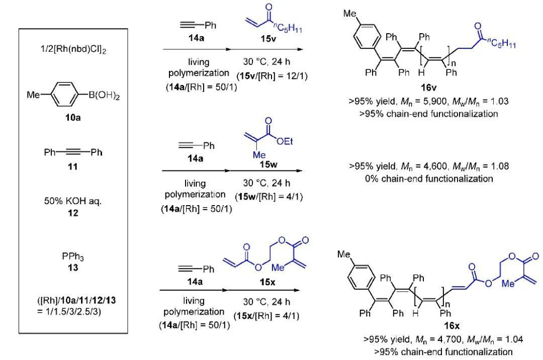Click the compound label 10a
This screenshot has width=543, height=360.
[73, 118]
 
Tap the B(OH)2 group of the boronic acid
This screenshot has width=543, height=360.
[104, 96]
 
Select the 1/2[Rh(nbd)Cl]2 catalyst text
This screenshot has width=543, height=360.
[73, 49]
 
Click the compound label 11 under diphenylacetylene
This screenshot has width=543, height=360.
[73, 167]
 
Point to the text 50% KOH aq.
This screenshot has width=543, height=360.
[73, 201]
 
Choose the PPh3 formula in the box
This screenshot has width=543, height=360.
[73, 256]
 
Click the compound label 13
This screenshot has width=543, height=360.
[73, 267]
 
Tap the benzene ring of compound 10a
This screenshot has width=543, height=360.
[64, 94]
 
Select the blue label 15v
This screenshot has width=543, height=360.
[268, 39]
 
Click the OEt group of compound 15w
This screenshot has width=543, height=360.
[285, 141]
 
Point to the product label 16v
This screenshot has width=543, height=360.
[428, 87]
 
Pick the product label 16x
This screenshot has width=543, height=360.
[451, 326]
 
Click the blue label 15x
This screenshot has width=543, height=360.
[267, 283]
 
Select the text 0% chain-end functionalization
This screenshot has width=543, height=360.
[429, 178]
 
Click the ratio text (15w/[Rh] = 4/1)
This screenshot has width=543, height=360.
[268, 197]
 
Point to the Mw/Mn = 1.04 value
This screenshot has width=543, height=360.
[495, 339]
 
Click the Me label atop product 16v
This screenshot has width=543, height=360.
[349, 14]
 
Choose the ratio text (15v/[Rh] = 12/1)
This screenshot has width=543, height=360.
[272, 76]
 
